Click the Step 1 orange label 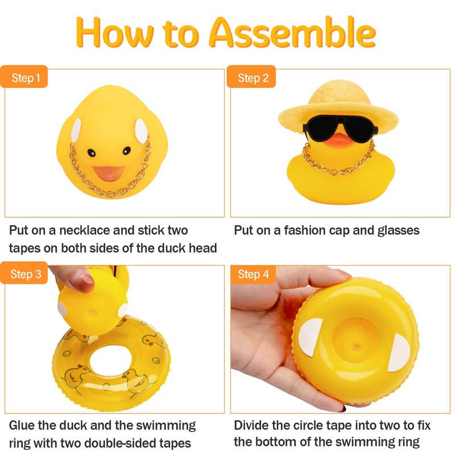24,77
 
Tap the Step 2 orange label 251,77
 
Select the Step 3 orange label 24,273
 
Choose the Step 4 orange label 253,274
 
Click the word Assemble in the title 292,32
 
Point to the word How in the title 115,32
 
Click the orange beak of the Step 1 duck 108,173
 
